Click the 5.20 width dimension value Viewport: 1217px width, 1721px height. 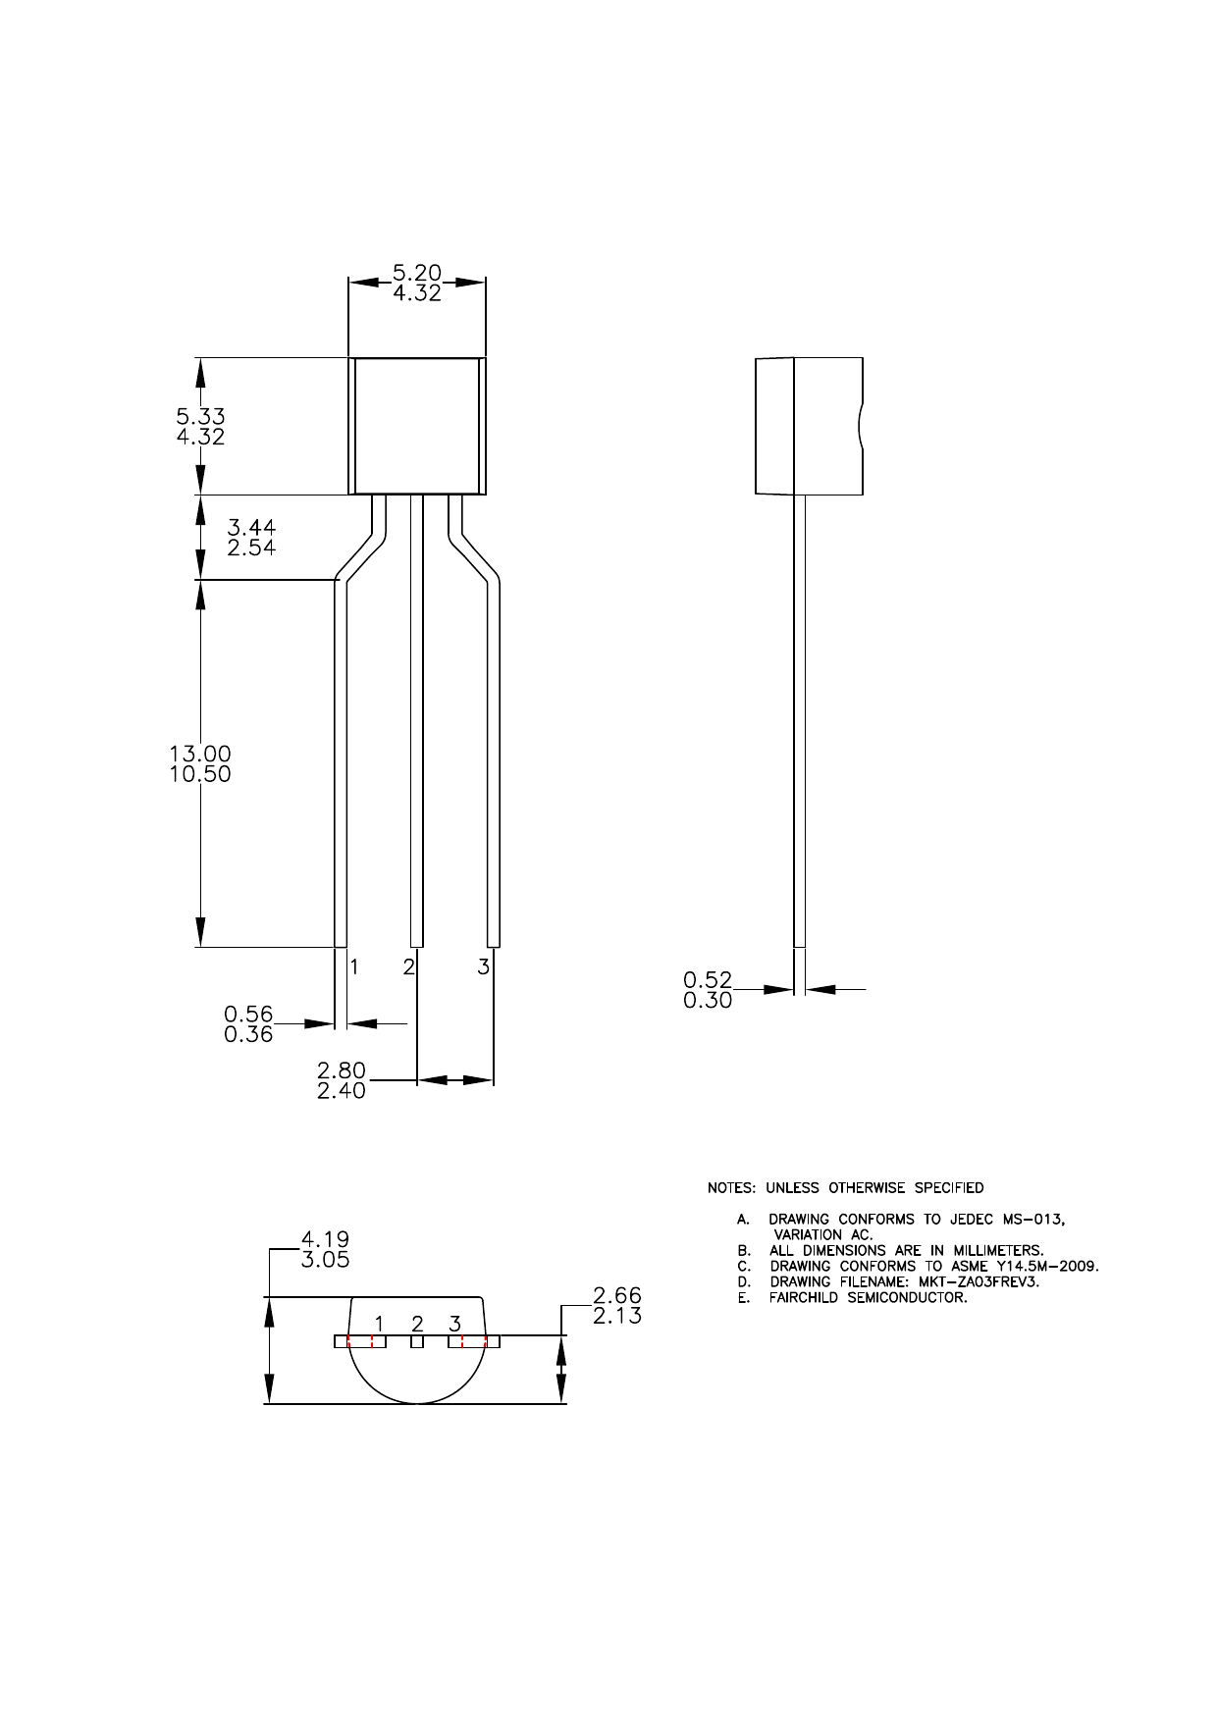(x=417, y=272)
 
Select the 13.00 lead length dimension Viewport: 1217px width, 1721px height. (x=200, y=754)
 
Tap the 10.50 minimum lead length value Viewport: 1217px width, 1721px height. (x=200, y=774)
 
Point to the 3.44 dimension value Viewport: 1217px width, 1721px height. (x=251, y=528)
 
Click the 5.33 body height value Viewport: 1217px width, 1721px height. (x=200, y=416)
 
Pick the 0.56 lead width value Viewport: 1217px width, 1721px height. (x=248, y=1014)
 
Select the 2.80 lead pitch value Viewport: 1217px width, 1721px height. (x=341, y=1069)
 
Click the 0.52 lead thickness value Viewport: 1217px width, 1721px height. (x=708, y=979)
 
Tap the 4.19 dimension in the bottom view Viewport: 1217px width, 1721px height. (x=325, y=1239)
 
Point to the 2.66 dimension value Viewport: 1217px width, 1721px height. (x=617, y=1295)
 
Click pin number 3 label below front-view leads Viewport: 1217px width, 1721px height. (x=483, y=966)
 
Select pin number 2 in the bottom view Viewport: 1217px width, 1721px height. (x=417, y=1323)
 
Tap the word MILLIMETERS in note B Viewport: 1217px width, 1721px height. (x=995, y=1251)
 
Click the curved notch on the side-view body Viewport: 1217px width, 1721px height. (x=860, y=426)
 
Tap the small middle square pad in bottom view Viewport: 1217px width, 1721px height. (x=417, y=1341)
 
